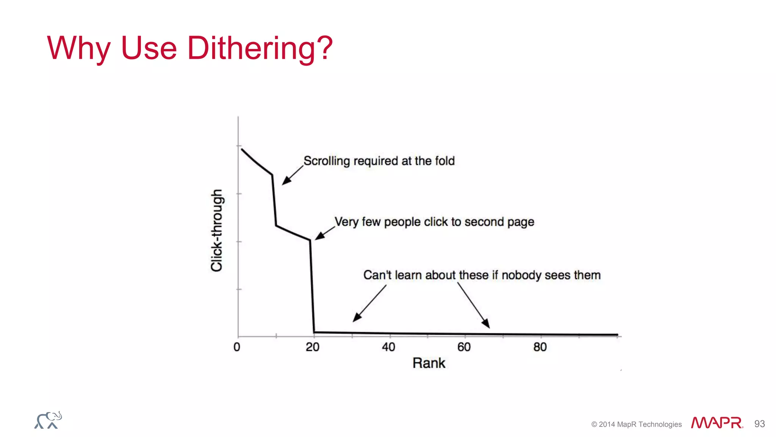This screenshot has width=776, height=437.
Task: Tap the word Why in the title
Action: [78, 49]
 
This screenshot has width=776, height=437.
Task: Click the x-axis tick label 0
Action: [237, 347]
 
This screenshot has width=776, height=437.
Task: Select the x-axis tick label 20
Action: [313, 347]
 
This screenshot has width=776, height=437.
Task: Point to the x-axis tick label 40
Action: [388, 347]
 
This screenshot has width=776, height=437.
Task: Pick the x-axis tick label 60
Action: [464, 347]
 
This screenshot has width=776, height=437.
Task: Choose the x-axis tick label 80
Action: [540, 347]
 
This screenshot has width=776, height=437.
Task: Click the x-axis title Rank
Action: [429, 363]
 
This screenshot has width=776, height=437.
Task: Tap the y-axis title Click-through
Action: [217, 230]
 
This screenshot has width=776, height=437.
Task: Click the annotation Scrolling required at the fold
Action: [379, 161]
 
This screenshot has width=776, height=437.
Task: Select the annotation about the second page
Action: [434, 222]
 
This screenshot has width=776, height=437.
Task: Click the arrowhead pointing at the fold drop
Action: [286, 181]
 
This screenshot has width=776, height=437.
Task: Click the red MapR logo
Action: [717, 423]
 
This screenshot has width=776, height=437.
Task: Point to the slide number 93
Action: [759, 424]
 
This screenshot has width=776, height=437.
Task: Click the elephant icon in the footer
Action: [48, 420]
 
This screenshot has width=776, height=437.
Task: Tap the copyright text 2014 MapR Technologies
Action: [637, 424]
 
